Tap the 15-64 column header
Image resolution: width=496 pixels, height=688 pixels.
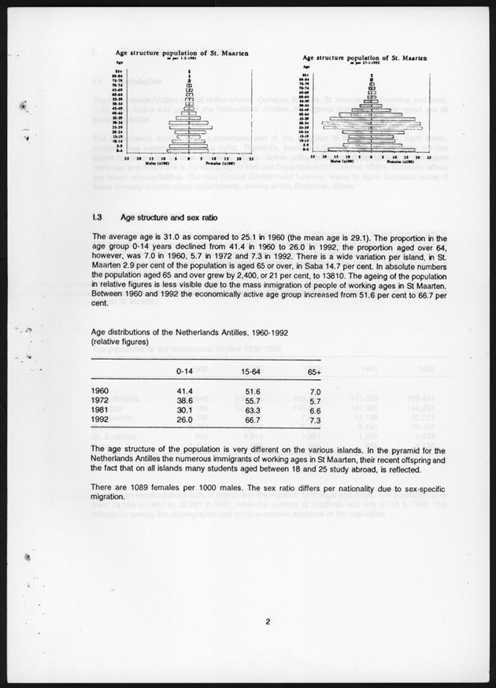[x=252, y=371]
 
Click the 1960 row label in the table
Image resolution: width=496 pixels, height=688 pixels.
[x=101, y=390]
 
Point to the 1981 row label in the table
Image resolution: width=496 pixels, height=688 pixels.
[x=101, y=410]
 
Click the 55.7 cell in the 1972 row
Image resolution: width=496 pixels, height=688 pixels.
[x=252, y=401]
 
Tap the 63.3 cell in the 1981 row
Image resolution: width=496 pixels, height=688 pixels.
[x=252, y=410]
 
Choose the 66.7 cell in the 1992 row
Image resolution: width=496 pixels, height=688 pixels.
[x=252, y=420]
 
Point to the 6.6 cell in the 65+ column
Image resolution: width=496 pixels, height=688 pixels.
[x=316, y=410]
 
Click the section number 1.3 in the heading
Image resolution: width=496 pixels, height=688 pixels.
[x=98, y=217]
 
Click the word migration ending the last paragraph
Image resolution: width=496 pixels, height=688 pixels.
[x=109, y=498]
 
